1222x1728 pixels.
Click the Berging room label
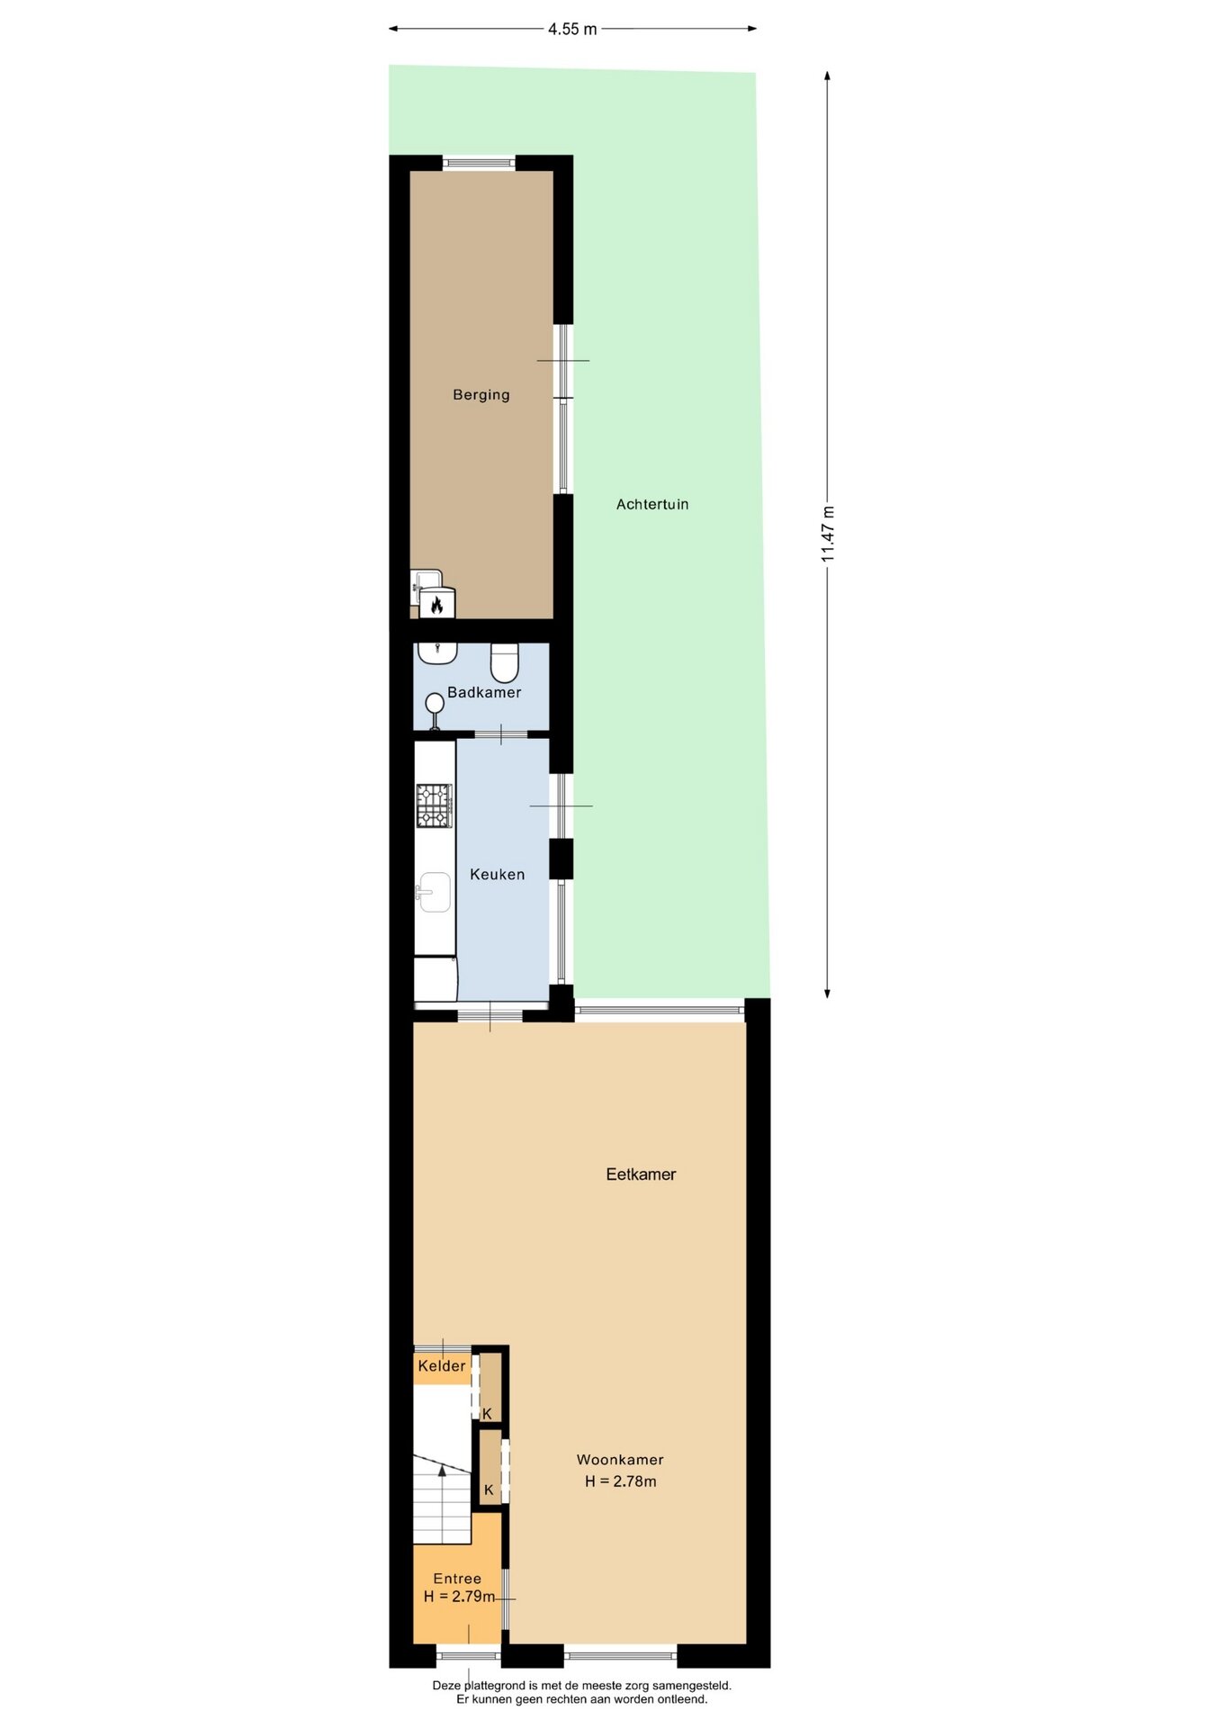point(481,395)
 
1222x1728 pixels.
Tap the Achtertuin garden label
point(652,505)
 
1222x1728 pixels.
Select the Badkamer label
point(484,692)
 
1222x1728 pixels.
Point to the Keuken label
point(498,874)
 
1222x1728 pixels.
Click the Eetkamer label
point(641,1174)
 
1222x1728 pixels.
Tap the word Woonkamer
point(620,1460)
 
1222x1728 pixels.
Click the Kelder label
point(442,1366)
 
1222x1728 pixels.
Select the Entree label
point(457,1579)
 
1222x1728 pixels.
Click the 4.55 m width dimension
point(572,29)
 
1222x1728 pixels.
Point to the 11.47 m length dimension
point(828,535)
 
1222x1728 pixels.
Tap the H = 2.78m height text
point(621,1481)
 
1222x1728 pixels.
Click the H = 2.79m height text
point(460,1597)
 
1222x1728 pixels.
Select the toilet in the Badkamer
point(505,662)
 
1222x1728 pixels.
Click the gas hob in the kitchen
point(434,805)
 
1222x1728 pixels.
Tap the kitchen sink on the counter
point(435,892)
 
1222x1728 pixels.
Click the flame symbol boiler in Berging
point(437,604)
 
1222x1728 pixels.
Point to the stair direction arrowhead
point(442,1471)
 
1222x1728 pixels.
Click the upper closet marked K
point(490,1387)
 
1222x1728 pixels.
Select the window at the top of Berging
point(479,163)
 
